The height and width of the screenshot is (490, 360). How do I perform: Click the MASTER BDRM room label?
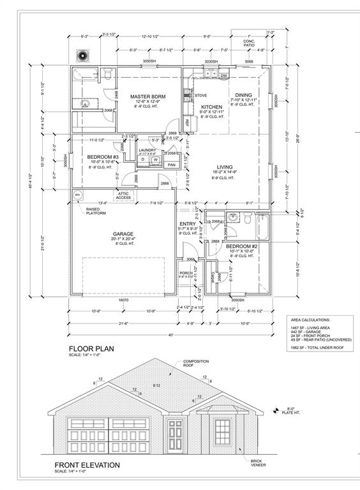click(148, 97)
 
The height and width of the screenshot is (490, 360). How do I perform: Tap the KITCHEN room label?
click(211, 107)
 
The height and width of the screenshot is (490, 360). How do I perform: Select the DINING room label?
click(244, 94)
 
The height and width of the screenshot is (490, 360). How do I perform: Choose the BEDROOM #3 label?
click(103, 156)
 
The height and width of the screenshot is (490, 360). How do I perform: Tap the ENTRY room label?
click(187, 223)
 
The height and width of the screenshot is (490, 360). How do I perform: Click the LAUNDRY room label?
click(148, 150)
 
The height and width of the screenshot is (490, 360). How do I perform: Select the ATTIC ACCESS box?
click(124, 195)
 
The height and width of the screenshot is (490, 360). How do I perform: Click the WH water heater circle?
click(78, 195)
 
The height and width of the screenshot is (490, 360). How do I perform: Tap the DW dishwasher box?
click(224, 76)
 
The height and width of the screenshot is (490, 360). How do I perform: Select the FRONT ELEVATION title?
click(87, 465)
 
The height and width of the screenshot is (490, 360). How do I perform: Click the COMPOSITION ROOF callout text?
click(196, 364)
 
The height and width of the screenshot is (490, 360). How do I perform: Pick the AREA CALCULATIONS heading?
click(310, 319)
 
